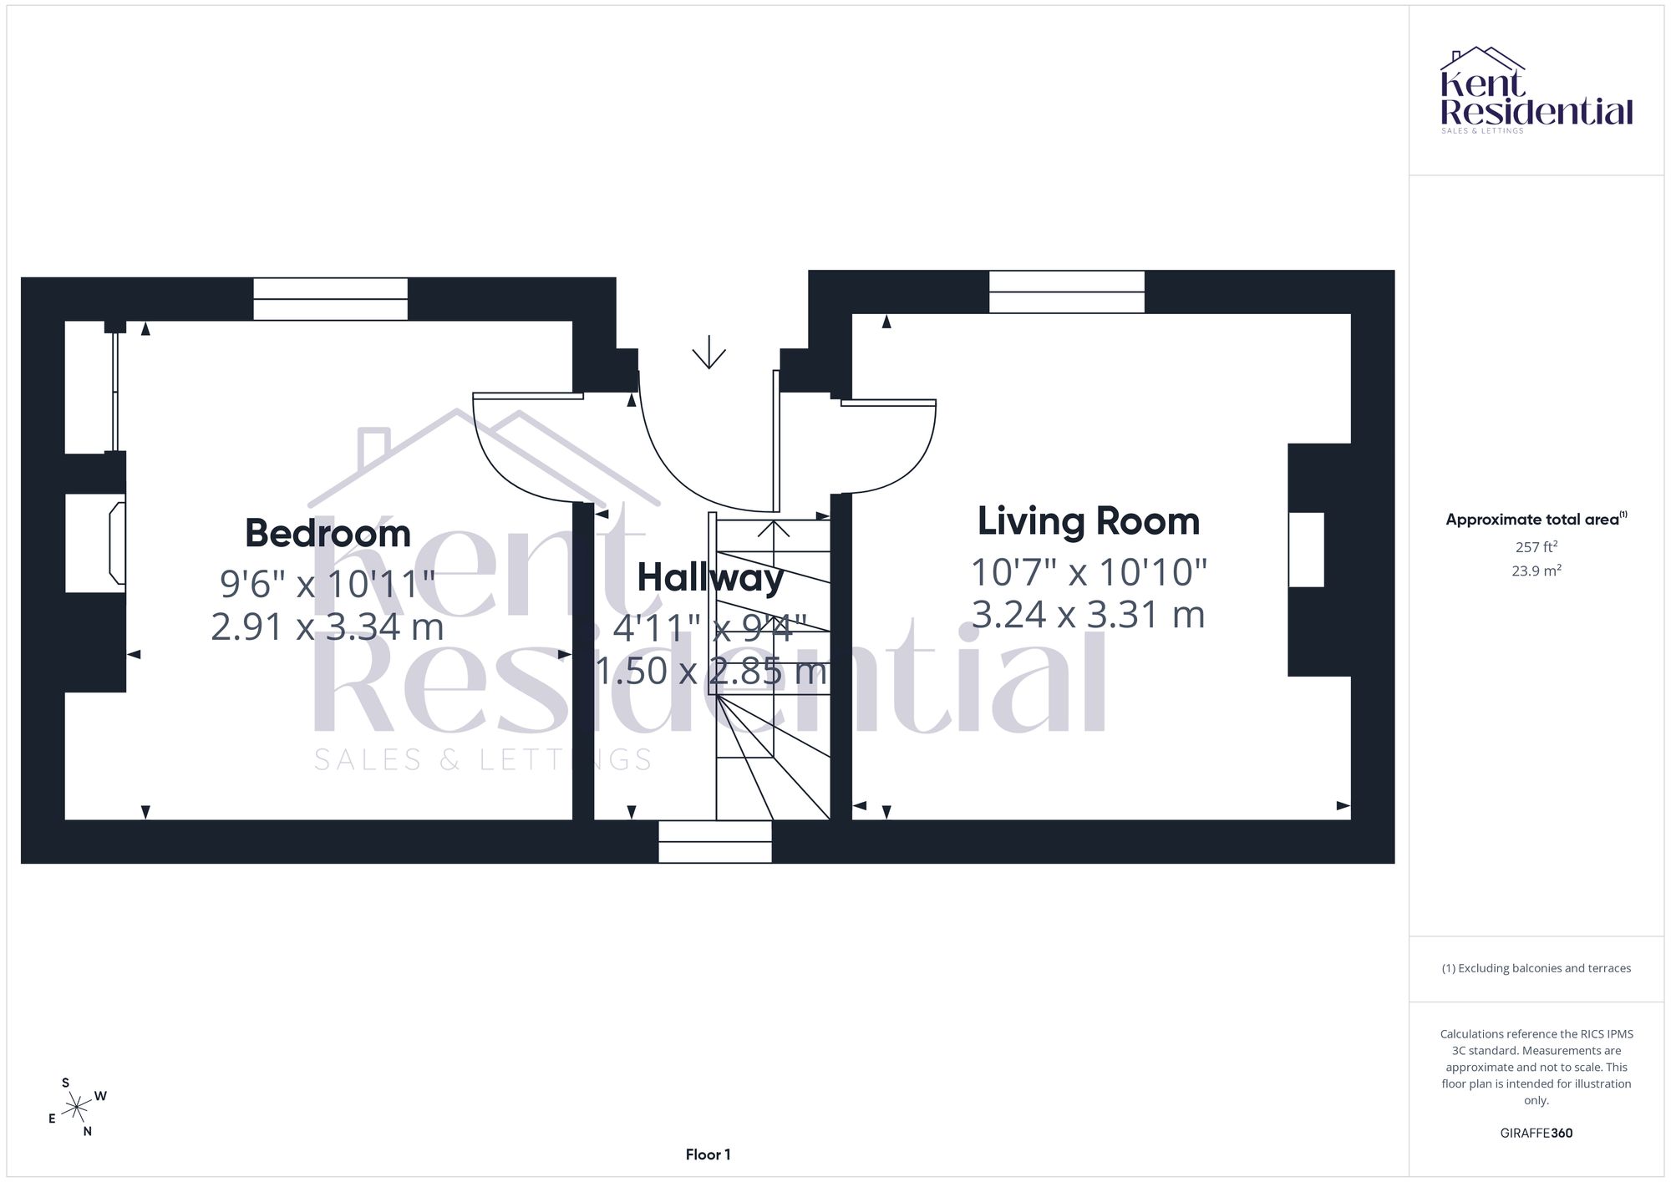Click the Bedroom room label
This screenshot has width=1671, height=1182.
328,533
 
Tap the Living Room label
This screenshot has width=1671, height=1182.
1089,521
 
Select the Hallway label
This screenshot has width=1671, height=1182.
710,578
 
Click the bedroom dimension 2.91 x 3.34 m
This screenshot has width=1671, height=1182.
327,627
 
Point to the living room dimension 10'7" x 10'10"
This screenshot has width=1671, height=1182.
1089,572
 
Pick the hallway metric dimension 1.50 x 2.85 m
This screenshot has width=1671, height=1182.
710,671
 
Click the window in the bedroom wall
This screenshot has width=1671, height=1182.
330,299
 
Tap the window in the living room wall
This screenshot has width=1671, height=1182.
1067,292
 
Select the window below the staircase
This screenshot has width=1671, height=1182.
715,841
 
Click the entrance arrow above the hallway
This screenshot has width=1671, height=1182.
709,352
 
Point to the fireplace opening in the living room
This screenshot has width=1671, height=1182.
1306,550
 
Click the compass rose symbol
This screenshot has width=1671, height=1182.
77,1108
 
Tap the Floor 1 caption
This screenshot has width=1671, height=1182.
708,1154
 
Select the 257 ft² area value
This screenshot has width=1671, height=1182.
1536,547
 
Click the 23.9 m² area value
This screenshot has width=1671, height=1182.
1536,571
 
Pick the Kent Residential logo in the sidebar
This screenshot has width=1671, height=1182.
1536,90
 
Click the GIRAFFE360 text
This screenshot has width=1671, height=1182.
1536,1134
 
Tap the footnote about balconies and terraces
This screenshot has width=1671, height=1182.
1536,968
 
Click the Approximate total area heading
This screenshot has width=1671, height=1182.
1536,519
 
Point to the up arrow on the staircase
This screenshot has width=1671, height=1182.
774,530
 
